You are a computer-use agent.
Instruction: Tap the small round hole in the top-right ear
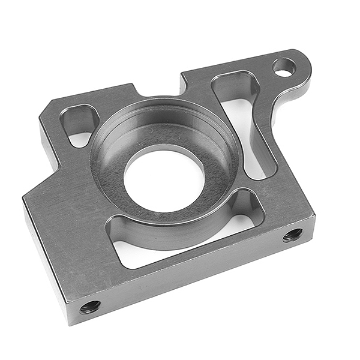pos(284,67)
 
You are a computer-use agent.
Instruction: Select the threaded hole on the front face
pos(90,307)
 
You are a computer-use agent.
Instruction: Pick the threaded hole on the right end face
pos(293,235)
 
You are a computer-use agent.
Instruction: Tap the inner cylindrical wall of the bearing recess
pos(162,129)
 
